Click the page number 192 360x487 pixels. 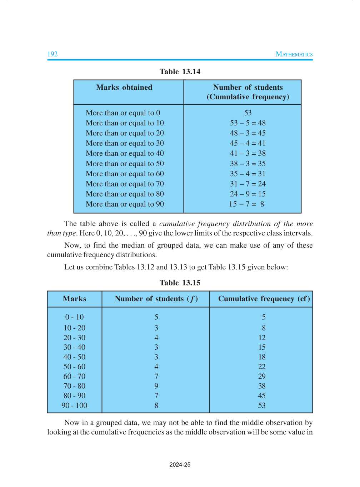coord(52,54)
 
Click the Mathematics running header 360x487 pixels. coord(294,54)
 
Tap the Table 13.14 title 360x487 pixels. coord(180,71)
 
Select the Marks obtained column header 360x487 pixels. coord(124,87)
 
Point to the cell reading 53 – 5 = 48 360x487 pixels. coord(248,123)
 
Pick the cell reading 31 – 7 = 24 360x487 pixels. coord(248,184)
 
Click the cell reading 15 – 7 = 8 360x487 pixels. coord(247,204)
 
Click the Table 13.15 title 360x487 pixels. coord(180,283)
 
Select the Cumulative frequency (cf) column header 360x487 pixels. coord(264,299)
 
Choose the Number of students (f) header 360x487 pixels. coord(156,299)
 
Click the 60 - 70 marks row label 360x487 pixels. coord(74,376)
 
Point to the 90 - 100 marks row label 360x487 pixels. coord(74,405)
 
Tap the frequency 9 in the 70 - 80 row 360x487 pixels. coord(156,386)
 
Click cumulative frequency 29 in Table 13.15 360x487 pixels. coord(262,376)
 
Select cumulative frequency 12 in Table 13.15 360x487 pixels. coord(262,338)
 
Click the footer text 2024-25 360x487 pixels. coord(180,464)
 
